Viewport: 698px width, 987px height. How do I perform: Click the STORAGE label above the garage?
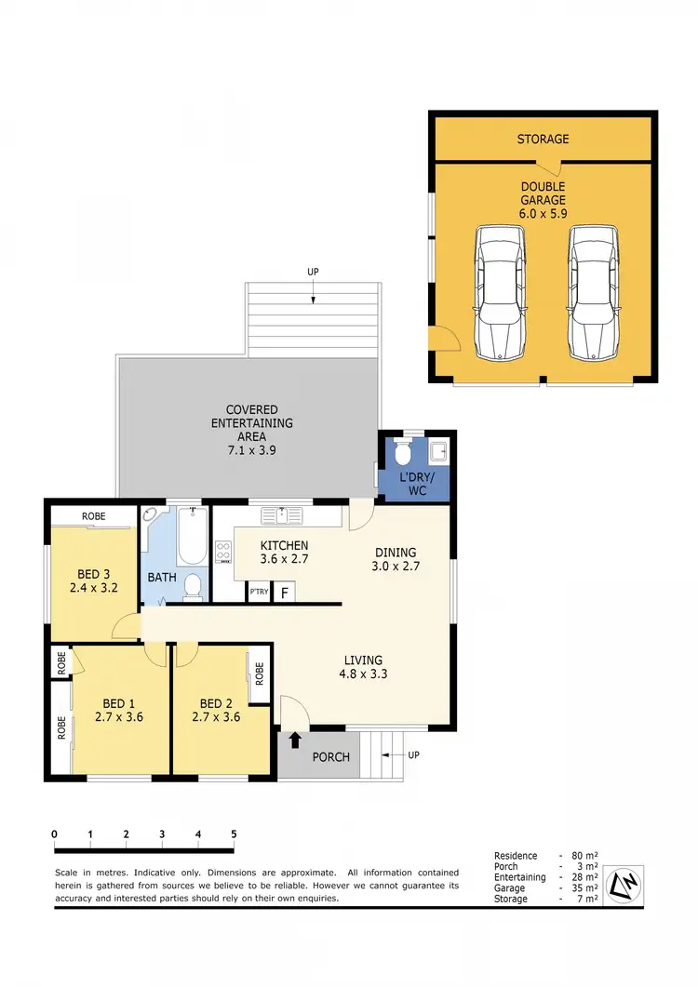pyautogui.click(x=544, y=140)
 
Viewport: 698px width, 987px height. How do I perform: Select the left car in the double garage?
pyautogui.click(x=499, y=293)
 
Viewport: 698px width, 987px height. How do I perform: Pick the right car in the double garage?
pyautogui.click(x=594, y=293)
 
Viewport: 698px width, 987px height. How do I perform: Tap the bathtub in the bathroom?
pyautogui.click(x=191, y=537)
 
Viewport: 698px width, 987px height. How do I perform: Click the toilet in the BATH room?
pyautogui.click(x=193, y=585)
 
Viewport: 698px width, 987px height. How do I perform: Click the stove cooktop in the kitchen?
pyautogui.click(x=223, y=552)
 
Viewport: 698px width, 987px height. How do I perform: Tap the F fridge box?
pyautogui.click(x=284, y=593)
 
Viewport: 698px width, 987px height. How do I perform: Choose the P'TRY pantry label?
pyautogui.click(x=258, y=593)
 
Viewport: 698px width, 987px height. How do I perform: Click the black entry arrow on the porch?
pyautogui.click(x=295, y=740)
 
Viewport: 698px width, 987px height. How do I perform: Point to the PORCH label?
pyautogui.click(x=330, y=757)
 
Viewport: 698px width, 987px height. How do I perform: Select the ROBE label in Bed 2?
pyautogui.click(x=260, y=671)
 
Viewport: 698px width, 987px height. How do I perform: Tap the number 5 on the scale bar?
pyautogui.click(x=234, y=834)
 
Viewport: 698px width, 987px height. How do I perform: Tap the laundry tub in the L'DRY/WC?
pyautogui.click(x=439, y=453)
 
